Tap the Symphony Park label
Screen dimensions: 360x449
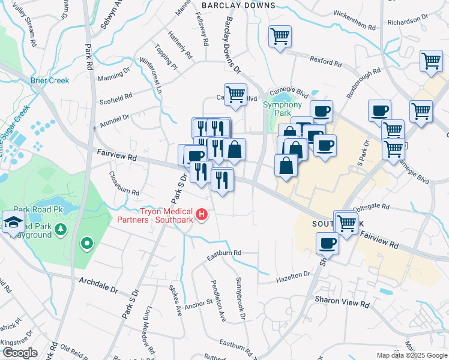point(282,109)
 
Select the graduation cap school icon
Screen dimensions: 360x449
point(13,223)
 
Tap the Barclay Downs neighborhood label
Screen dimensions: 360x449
point(238,5)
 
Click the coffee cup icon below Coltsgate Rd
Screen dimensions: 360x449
point(327,243)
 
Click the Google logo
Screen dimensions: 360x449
point(20,353)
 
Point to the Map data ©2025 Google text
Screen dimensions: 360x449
point(412,355)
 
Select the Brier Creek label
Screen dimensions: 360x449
point(50,80)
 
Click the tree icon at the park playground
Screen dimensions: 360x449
point(60,229)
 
